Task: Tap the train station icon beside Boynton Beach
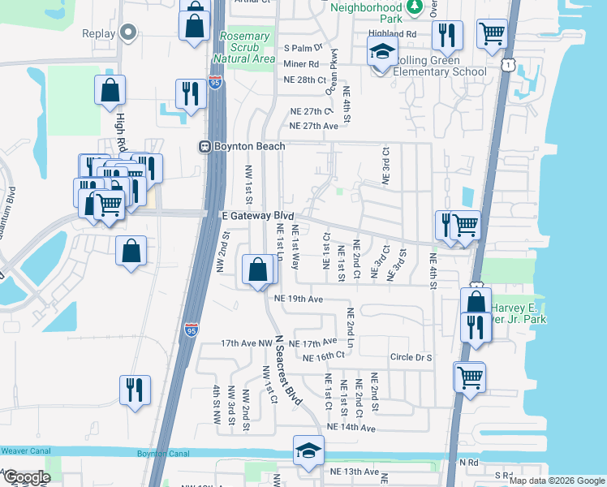pyautogui.click(x=206, y=146)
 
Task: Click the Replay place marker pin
pyautogui.click(x=127, y=33)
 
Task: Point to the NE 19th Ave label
pyautogui.click(x=299, y=299)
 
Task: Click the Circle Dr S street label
pyautogui.click(x=412, y=357)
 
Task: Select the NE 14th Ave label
pyautogui.click(x=351, y=427)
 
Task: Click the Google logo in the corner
pyautogui.click(x=26, y=477)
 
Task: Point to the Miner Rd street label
pyautogui.click(x=301, y=63)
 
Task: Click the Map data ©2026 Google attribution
pyautogui.click(x=556, y=481)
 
